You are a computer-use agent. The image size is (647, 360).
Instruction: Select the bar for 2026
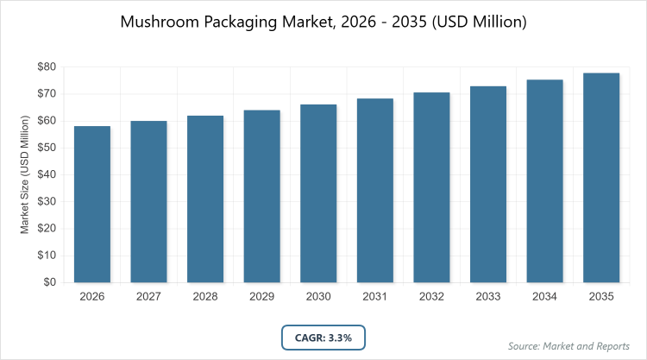point(92,204)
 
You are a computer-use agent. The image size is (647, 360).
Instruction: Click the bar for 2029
point(262,196)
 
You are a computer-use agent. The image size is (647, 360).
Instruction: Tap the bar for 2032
point(432,186)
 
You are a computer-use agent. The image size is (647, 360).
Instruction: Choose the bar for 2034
point(545,180)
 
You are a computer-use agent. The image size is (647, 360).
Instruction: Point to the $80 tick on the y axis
point(47,66)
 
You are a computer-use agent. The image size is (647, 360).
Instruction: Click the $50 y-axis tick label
point(47,148)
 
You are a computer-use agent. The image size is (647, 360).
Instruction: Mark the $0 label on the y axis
point(50,282)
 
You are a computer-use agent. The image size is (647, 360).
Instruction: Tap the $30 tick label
point(47,201)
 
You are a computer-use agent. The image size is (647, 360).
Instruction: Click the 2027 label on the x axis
point(149,297)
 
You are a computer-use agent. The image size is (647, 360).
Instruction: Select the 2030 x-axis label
point(319,297)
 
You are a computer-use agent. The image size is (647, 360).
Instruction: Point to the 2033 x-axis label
point(488,297)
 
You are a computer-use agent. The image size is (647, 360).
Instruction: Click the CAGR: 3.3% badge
point(323,338)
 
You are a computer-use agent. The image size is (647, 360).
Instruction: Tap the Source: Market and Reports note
point(568,345)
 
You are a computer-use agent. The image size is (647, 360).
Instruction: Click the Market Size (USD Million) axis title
point(26,174)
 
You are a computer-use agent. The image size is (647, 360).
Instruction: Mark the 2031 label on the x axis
point(375,297)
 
